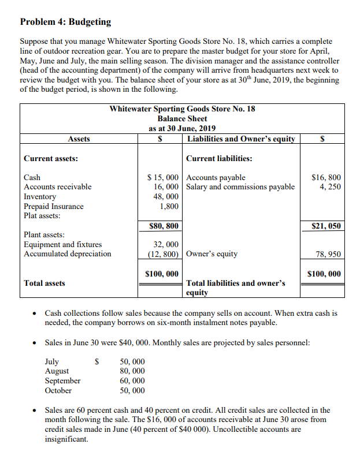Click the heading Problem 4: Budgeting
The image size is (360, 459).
click(x=65, y=22)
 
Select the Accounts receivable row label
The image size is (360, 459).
click(x=58, y=187)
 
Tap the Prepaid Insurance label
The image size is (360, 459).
click(x=53, y=206)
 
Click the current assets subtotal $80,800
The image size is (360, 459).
click(x=164, y=226)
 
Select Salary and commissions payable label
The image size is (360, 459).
click(x=240, y=187)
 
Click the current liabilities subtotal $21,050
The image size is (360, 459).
click(x=326, y=226)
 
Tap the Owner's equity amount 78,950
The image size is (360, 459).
click(x=329, y=254)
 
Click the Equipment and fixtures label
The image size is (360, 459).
click(x=62, y=245)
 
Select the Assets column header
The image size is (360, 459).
click(x=79, y=139)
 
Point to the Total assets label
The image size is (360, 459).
click(x=44, y=283)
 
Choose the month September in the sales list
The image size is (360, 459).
click(x=63, y=381)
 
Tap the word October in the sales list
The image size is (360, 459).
click(x=58, y=390)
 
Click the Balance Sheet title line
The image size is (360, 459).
click(x=183, y=118)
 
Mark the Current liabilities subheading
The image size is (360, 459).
click(x=219, y=158)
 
